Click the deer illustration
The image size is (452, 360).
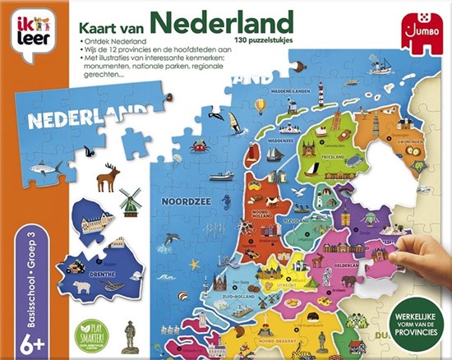tap(108, 177)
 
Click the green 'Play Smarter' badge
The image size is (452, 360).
tap(89, 335)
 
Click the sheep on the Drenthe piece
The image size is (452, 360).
tap(81, 288)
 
